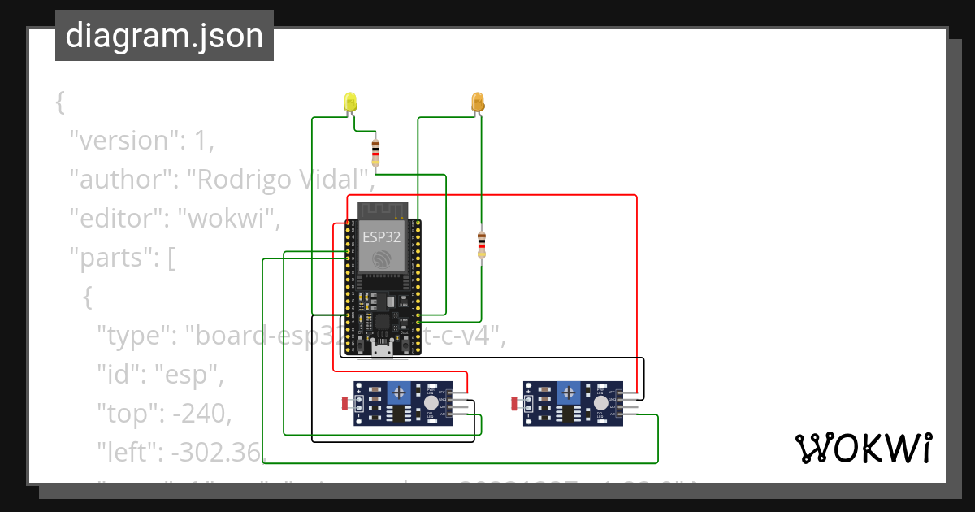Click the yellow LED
click(x=350, y=102)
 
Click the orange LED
click(x=478, y=102)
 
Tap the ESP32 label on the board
click(x=381, y=236)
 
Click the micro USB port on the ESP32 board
click(x=381, y=349)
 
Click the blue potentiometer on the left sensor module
click(x=398, y=393)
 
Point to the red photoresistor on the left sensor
click(x=345, y=403)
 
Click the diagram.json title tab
click(x=164, y=36)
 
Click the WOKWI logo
click(x=862, y=448)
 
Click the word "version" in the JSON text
click(x=122, y=141)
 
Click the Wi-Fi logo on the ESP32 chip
click(x=381, y=259)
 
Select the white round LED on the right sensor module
click(x=600, y=402)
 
